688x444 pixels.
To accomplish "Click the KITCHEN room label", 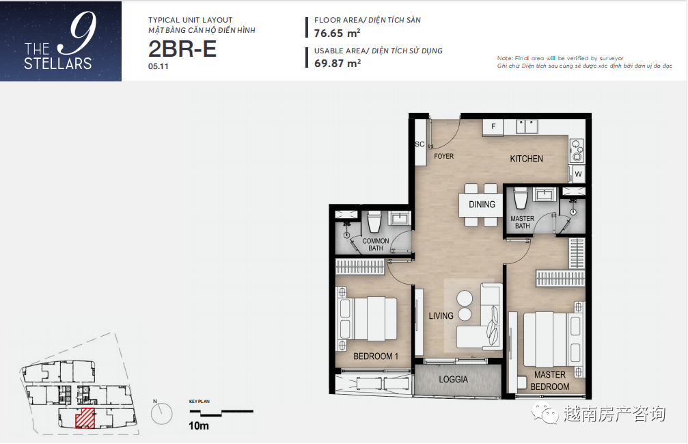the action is [526, 159].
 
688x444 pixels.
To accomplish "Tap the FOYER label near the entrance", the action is [443, 156].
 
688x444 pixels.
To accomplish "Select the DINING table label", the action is [482, 205].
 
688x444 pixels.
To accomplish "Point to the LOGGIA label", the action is [453, 379].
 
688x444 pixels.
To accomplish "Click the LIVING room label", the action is [441, 315].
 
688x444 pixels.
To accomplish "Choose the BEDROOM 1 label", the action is [376, 356].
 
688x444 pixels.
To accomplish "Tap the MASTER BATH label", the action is [522, 222].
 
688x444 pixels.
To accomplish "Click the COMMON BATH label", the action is [376, 244].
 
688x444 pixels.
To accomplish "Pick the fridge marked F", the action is [493, 127].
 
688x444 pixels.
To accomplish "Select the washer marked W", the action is [578, 174].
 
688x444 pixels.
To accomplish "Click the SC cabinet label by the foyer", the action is [419, 144].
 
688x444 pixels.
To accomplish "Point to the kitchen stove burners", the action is [577, 151].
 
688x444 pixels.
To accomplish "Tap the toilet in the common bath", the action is [374, 222].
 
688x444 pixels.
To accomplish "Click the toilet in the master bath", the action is [520, 198].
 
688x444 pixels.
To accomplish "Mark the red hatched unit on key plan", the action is [85, 417].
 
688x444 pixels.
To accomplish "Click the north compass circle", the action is [161, 414].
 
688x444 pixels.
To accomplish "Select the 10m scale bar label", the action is [198, 426].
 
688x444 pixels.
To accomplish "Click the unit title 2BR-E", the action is [182, 49].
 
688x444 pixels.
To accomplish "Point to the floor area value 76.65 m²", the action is [337, 33].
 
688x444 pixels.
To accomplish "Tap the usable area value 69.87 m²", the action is [337, 63].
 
